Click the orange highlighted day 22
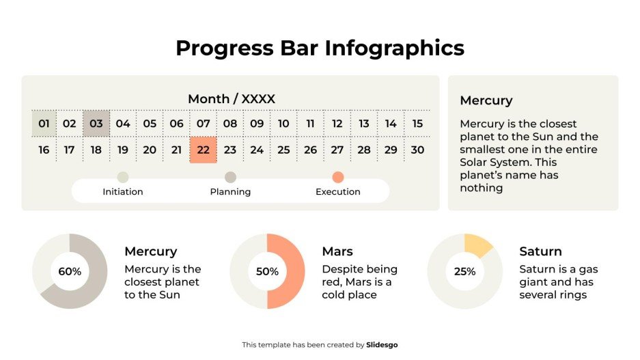(203, 150)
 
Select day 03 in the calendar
(96, 124)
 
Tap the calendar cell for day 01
(44, 124)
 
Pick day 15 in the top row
(417, 124)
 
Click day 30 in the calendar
(417, 150)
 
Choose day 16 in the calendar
(44, 150)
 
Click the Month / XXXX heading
(231, 99)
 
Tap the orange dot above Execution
(337, 178)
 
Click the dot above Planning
(230, 178)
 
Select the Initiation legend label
(123, 192)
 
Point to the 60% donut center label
(70, 271)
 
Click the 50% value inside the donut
(267, 271)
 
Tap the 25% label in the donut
(464, 271)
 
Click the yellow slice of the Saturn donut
(478, 245)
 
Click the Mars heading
(337, 251)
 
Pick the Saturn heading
(540, 251)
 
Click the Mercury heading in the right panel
(486, 100)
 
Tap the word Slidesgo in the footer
(382, 345)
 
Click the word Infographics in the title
(394, 48)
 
